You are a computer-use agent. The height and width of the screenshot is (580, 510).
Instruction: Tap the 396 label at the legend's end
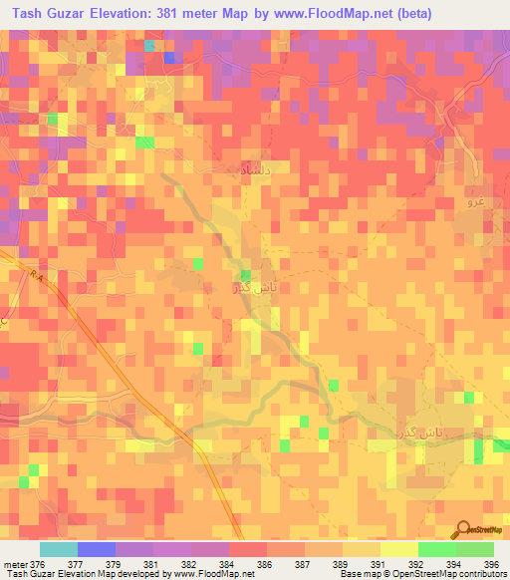(487, 565)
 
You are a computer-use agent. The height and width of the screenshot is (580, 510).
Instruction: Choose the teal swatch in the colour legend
(59, 549)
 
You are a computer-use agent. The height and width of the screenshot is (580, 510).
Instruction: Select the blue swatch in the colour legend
(96, 549)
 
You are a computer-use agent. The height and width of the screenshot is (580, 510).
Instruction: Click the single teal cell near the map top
(149, 45)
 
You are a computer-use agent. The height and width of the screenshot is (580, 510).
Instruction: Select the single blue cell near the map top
(169, 57)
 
